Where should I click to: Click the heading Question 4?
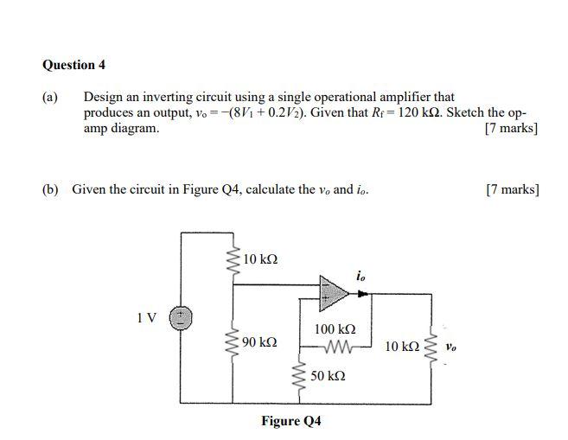coord(73,65)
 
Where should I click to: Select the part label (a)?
coord(50,98)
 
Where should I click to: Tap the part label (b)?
coord(51,188)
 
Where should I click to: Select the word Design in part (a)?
coord(101,98)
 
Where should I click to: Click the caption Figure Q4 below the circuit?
coord(291,421)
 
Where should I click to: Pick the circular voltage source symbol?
coord(182,317)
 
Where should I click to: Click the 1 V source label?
coord(147,317)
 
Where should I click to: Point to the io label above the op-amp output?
coord(361,276)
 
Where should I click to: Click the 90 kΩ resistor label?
coord(259,342)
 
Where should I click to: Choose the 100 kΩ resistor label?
coord(335,329)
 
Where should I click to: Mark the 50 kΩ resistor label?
coord(328,377)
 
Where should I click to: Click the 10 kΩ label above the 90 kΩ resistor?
coord(260,259)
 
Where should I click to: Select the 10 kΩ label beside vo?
coord(403,347)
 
